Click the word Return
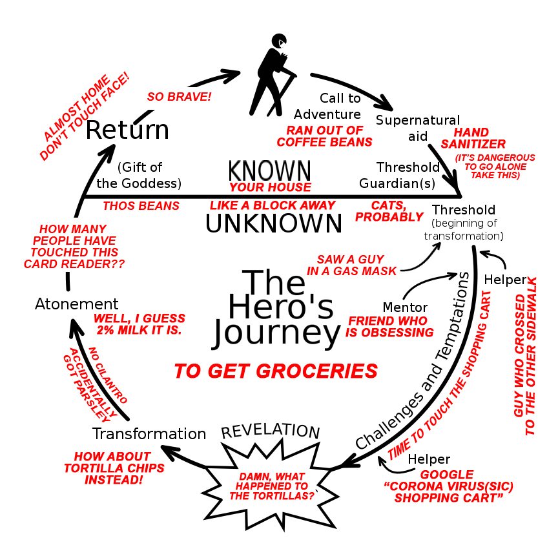point(127,130)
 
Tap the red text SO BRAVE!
point(180,97)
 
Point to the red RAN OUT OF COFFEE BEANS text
point(329,136)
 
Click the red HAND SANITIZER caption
point(473,138)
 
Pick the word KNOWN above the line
point(269,171)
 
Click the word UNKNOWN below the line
point(273,224)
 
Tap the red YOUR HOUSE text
point(270,188)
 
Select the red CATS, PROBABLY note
point(389,211)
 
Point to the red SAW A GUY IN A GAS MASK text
point(351,265)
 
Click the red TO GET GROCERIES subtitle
point(276,371)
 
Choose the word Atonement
point(76,304)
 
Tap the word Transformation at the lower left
point(149,433)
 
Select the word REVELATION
point(271,431)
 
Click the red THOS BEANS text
point(141,206)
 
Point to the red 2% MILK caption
point(139,324)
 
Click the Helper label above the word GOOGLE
point(429,459)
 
